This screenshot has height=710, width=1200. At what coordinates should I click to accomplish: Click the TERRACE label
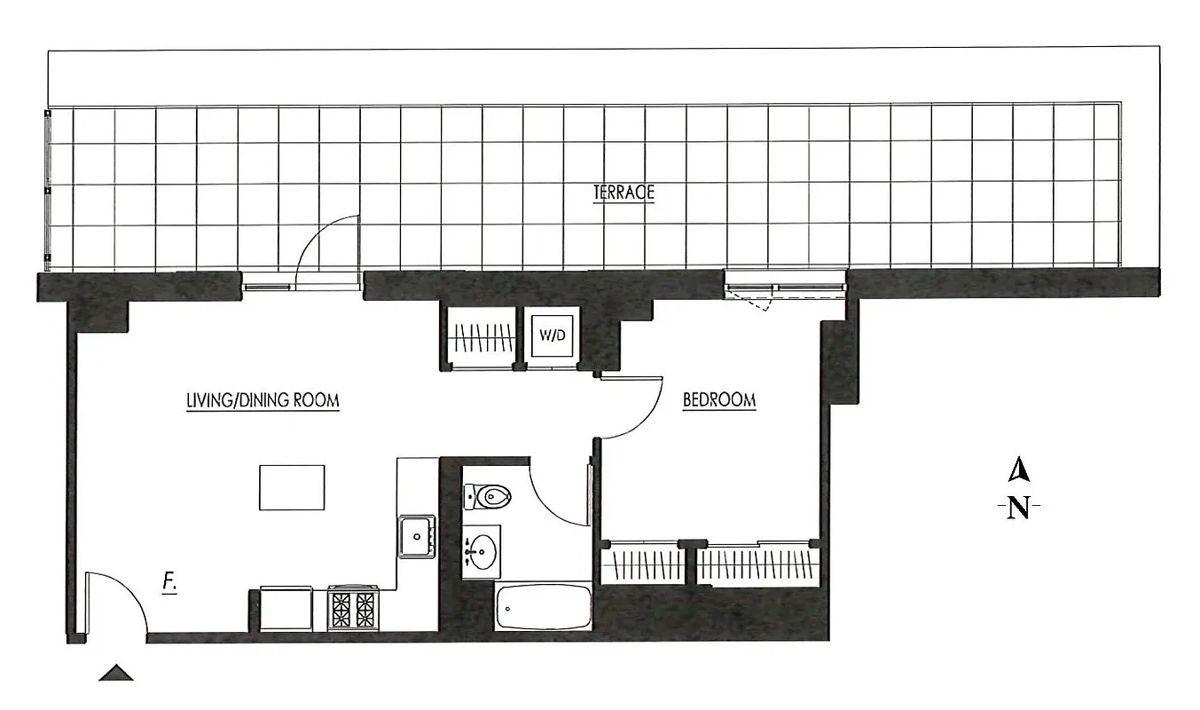[624, 192]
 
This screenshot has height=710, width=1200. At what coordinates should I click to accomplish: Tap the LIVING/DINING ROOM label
[263, 400]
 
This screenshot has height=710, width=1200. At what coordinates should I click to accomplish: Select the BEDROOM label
[719, 400]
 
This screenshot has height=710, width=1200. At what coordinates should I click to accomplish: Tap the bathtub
[543, 607]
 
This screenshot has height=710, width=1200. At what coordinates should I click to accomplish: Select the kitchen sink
[416, 536]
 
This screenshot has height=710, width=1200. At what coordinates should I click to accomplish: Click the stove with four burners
[353, 609]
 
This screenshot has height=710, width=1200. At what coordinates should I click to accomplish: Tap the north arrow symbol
[1020, 468]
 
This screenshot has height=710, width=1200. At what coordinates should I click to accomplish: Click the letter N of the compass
[1019, 509]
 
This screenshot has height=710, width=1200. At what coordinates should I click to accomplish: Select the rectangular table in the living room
[292, 487]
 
